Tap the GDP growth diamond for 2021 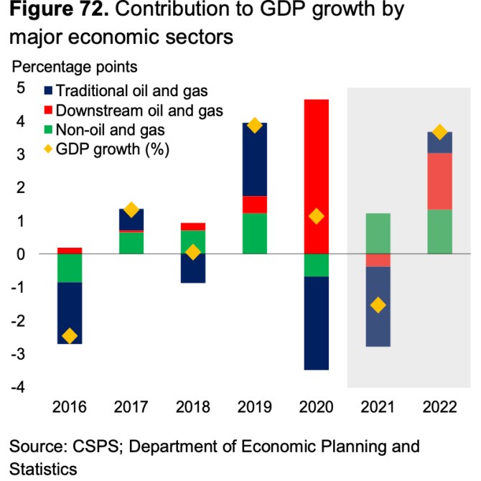[x=378, y=305]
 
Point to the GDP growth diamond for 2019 [x=254, y=126]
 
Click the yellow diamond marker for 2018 [x=192, y=252]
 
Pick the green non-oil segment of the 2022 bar [x=439, y=231]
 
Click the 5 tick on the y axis [x=20, y=88]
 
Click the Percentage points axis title [x=73, y=67]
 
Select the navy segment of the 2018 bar [x=192, y=268]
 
